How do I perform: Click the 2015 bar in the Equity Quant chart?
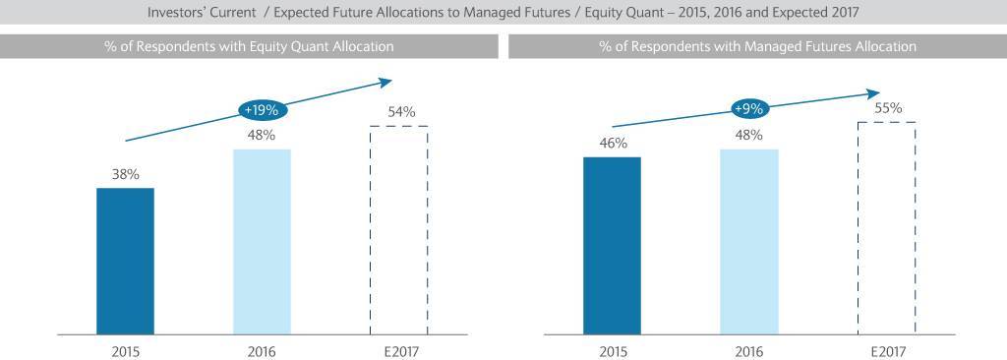click(125, 262)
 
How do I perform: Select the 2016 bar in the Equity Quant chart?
click(262, 242)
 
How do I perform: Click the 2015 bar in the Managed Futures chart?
click(612, 246)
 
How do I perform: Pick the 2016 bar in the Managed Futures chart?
click(748, 242)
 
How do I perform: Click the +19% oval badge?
click(262, 110)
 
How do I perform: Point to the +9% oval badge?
click(748, 108)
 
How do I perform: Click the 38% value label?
click(125, 174)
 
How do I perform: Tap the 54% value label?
click(401, 112)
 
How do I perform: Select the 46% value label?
click(613, 144)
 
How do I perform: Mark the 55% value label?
click(888, 108)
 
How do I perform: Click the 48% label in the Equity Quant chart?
click(262, 136)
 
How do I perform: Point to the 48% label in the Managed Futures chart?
click(748, 136)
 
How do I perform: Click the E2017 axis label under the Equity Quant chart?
click(399, 351)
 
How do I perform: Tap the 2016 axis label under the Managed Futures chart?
click(748, 351)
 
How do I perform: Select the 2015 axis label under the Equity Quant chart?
click(125, 351)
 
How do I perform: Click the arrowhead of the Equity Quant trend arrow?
click(385, 82)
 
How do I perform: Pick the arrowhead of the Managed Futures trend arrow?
click(873, 93)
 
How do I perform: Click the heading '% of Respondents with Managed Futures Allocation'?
click(758, 46)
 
